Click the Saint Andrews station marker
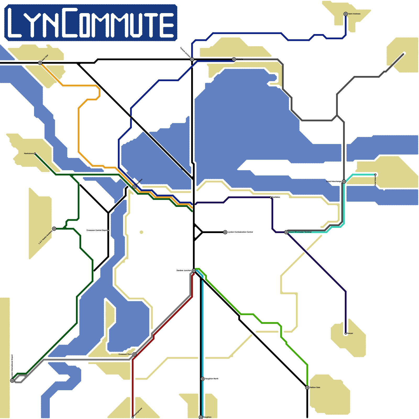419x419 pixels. pyautogui.click(x=346, y=14)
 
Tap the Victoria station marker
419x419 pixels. pyautogui.click(x=234, y=59)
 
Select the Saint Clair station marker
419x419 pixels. pyautogui.click(x=40, y=63)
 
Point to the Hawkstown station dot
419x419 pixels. pyautogui.click(x=35, y=154)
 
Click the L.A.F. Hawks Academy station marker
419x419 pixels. pyautogui.click(x=54, y=229)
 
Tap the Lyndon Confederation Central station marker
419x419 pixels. pyautogui.click(x=225, y=232)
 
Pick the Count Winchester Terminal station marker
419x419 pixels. pyautogui.click(x=286, y=232)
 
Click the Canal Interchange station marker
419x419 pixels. pyautogui.click(x=344, y=181)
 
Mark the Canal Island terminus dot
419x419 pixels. pyautogui.click(x=375, y=175)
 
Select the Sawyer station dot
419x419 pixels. pyautogui.click(x=346, y=333)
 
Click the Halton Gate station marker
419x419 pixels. pyautogui.click(x=307, y=388)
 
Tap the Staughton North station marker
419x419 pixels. pyautogui.click(x=202, y=379)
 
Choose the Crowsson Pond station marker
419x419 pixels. pyautogui.click(x=134, y=354)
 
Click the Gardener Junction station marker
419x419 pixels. pyautogui.click(x=194, y=271)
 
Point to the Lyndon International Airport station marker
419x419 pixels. pyautogui.click(x=12, y=381)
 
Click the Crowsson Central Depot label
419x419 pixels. pyautogui.click(x=97, y=230)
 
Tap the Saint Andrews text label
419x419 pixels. pyautogui.click(x=354, y=14)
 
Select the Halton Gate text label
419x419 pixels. pyautogui.click(x=315, y=388)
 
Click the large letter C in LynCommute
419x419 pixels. pyautogui.click(x=70, y=22)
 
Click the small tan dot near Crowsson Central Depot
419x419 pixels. pyautogui.click(x=141, y=232)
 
